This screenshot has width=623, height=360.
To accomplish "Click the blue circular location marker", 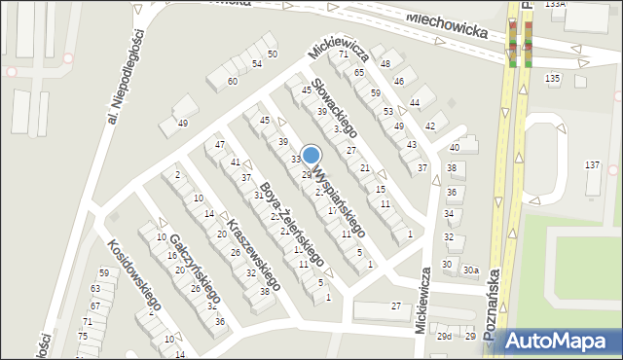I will (311, 155).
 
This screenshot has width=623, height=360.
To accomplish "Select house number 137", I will (593, 165).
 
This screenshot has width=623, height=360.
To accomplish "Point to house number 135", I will (552, 78).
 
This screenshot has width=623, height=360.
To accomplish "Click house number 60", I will (233, 81).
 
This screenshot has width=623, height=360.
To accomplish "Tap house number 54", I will (257, 63).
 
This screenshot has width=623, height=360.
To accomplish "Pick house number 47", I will (220, 145).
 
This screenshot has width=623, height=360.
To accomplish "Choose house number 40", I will (454, 147).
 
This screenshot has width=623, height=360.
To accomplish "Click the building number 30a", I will (470, 270).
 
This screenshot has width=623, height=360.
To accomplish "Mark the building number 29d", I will (444, 336).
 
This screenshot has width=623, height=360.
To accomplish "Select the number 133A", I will (555, 4).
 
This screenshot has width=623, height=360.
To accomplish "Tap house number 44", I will (415, 102).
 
